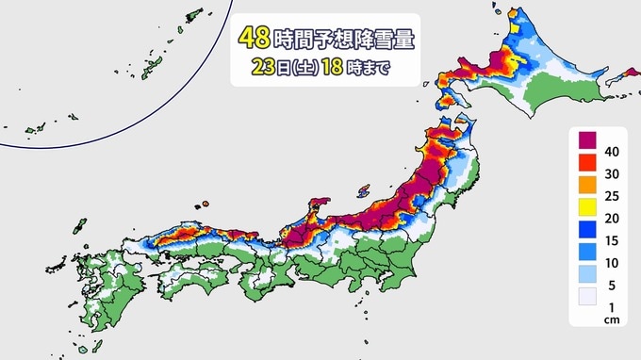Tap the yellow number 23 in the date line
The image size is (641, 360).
click(263, 68)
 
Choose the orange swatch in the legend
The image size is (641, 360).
click(584, 190)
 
